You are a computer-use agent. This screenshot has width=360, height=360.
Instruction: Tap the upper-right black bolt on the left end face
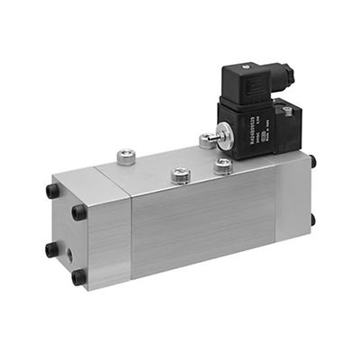[x=79, y=212]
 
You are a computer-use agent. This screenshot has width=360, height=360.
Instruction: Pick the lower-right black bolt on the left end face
[x=79, y=276]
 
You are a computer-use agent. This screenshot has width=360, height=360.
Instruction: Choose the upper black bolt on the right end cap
[x=312, y=163]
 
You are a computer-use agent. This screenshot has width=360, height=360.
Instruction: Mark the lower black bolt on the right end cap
[x=312, y=219]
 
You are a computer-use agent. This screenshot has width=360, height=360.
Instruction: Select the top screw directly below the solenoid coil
[x=222, y=166]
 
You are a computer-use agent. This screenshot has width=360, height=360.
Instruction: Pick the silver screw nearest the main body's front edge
[x=180, y=175]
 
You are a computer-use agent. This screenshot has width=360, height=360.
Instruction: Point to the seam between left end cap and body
[x=131, y=234]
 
